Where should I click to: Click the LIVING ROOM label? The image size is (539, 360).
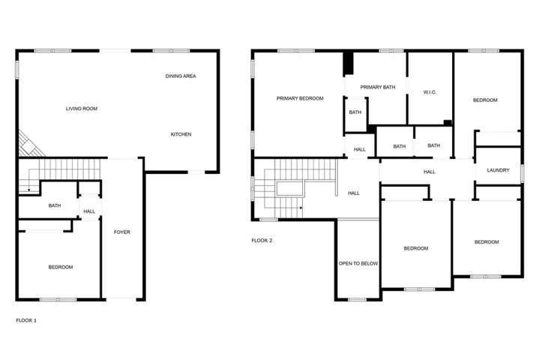(x=82, y=109)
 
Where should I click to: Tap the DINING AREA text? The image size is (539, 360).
(x=181, y=76)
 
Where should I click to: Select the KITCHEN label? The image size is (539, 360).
(x=181, y=134)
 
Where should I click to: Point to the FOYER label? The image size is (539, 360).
(x=122, y=232)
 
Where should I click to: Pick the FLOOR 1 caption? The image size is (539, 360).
(x=26, y=320)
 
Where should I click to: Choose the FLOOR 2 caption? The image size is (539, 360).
(x=262, y=241)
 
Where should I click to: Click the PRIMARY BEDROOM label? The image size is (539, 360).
(x=300, y=98)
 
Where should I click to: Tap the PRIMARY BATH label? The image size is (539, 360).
(x=378, y=87)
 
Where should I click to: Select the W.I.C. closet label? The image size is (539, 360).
(x=430, y=92)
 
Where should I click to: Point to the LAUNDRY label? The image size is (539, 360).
(x=498, y=170)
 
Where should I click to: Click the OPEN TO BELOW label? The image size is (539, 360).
(x=358, y=263)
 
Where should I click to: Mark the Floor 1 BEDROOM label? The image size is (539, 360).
(x=61, y=267)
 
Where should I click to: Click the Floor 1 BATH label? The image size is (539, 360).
(x=55, y=205)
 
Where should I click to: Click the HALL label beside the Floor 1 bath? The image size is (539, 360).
(x=89, y=211)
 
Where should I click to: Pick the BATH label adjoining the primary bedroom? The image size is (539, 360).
(x=355, y=112)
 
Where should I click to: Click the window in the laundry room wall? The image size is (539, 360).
(x=523, y=174)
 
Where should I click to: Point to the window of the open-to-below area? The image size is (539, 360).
(x=357, y=300)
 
